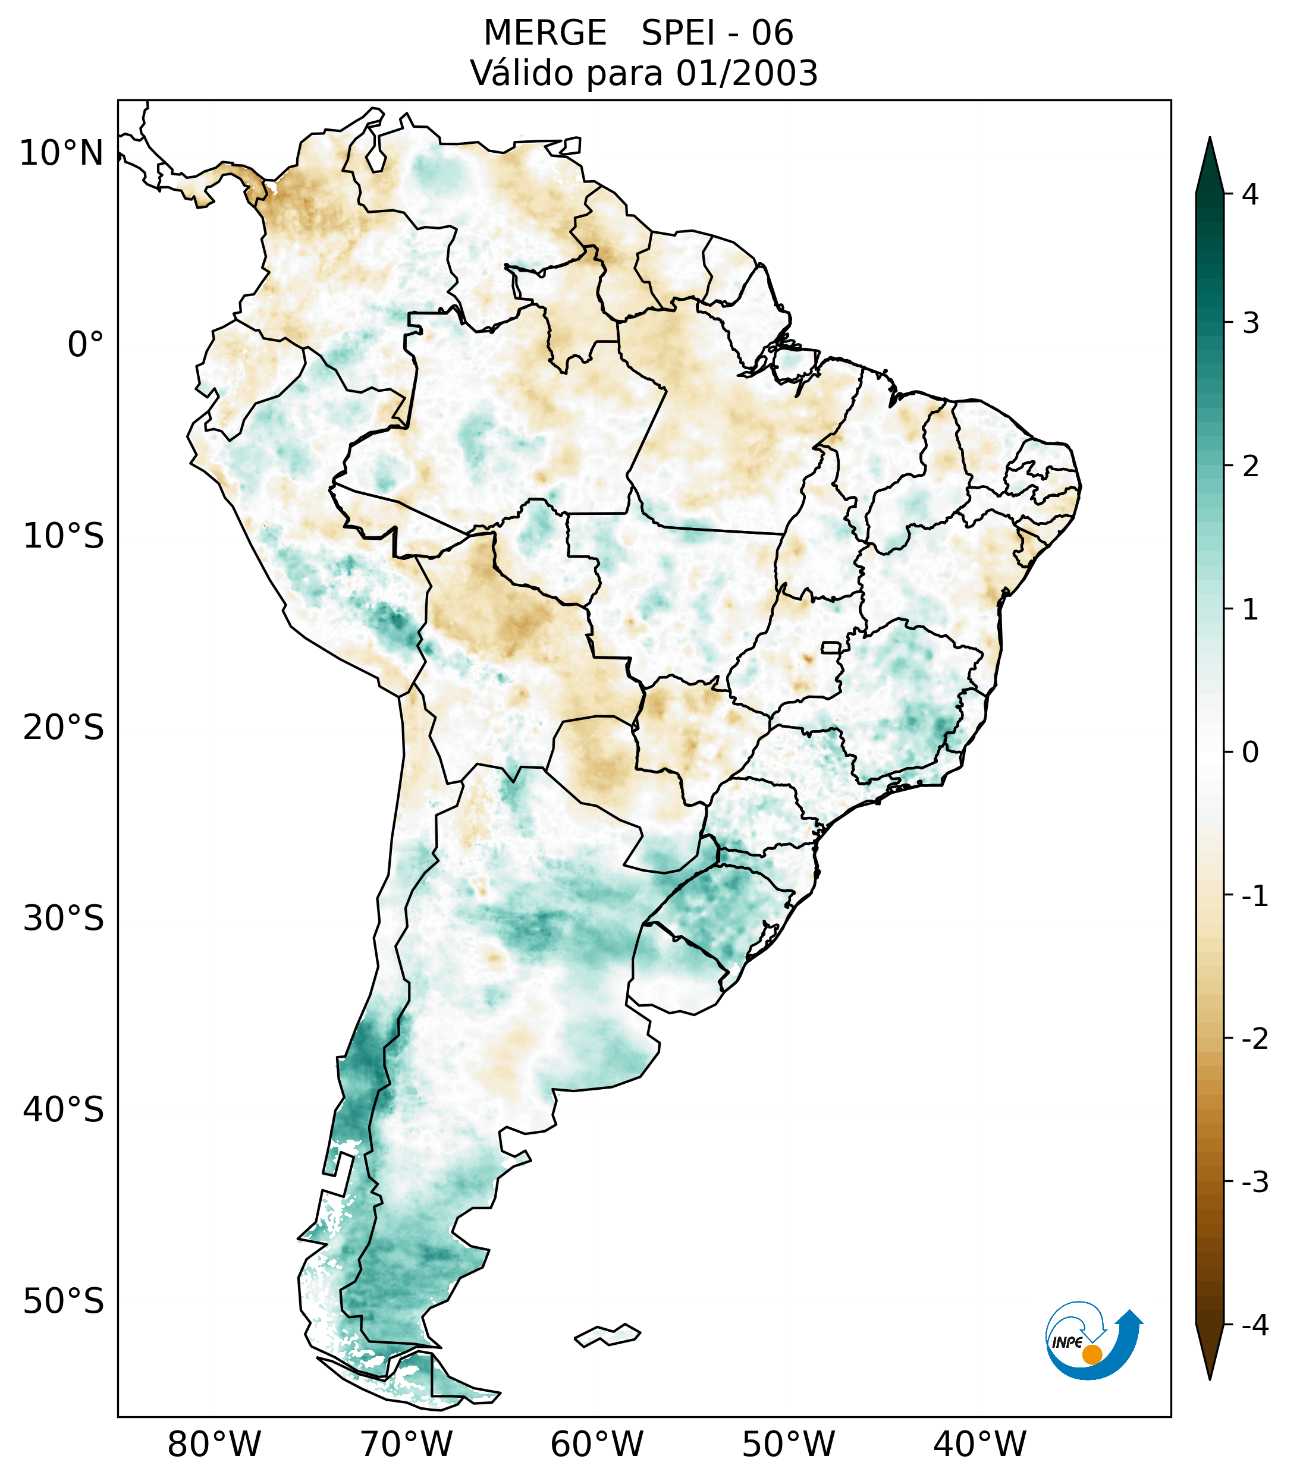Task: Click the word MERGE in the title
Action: coord(545,33)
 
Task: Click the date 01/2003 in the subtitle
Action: coord(747,73)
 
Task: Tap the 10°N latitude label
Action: coord(62,153)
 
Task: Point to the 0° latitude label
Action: coord(86,345)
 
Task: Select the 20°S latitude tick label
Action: coord(64,728)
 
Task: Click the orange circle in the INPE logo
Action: coord(1092,1354)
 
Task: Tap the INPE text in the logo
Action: coord(1067,1342)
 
